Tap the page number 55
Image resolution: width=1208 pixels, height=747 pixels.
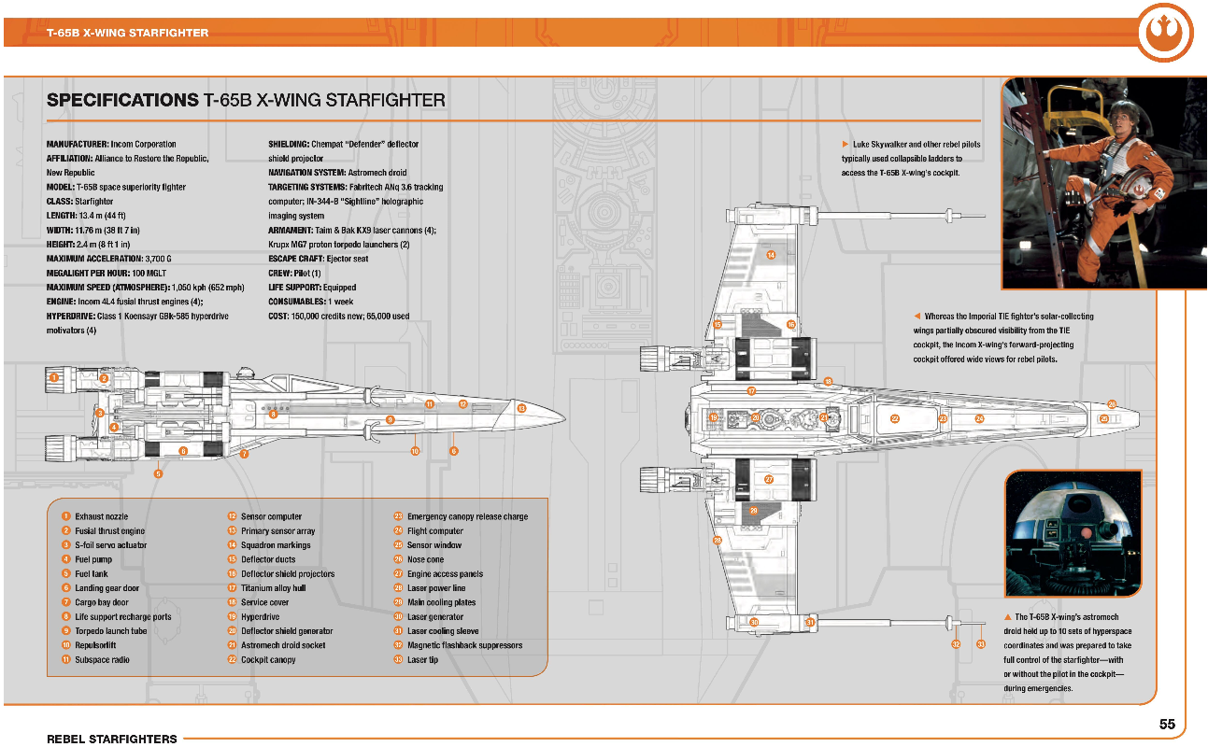click(x=1167, y=724)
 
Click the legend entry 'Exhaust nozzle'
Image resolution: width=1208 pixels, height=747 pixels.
click(x=102, y=516)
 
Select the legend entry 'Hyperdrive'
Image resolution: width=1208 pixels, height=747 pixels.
click(x=261, y=617)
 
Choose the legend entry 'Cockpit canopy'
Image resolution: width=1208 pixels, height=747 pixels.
click(x=268, y=660)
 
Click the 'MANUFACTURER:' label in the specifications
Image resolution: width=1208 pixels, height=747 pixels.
click(x=78, y=145)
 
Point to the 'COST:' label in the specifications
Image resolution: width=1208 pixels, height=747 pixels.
click(x=279, y=317)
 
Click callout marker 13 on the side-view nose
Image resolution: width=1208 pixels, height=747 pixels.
click(x=521, y=409)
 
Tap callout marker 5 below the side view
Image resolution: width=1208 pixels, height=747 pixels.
click(x=159, y=474)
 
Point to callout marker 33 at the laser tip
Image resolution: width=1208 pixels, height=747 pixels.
click(x=981, y=644)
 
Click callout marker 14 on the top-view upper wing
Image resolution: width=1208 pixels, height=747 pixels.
click(x=771, y=254)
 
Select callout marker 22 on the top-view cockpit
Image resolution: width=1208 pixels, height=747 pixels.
click(x=895, y=418)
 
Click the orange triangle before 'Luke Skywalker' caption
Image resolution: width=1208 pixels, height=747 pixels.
click(x=845, y=145)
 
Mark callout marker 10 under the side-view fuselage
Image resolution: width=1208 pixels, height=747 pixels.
click(x=415, y=451)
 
